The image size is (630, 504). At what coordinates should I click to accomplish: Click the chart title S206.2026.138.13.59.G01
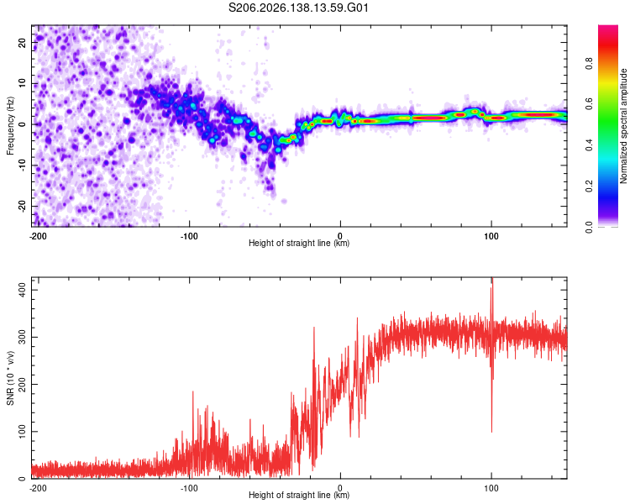tap(298, 8)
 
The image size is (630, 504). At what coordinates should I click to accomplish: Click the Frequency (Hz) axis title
tap(10, 126)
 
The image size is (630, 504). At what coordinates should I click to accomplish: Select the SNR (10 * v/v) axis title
tap(10, 378)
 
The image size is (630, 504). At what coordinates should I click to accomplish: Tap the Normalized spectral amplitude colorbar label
tap(623, 126)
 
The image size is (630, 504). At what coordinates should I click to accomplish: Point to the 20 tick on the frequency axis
tap(22, 42)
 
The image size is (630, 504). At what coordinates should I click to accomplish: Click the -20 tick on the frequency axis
tap(22, 206)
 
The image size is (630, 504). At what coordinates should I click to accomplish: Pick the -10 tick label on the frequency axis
tap(22, 165)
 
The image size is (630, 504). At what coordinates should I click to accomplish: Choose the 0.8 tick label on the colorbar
tap(589, 63)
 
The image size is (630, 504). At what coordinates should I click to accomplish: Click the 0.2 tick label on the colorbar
tap(589, 186)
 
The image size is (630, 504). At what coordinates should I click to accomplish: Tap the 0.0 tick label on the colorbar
tap(589, 227)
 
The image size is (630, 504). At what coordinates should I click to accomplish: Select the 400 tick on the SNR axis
tap(22, 290)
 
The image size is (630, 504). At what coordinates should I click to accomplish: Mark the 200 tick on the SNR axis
tap(22, 384)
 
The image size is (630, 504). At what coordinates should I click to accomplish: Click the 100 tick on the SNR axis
tap(22, 432)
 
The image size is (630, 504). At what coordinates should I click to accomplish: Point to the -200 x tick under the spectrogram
tap(38, 236)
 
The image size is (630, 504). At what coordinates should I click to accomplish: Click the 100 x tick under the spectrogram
tap(491, 236)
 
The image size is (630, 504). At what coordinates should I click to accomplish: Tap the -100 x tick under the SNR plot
tap(189, 488)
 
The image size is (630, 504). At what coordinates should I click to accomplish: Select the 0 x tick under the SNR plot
tap(340, 488)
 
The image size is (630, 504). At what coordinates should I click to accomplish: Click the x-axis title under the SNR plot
tap(299, 495)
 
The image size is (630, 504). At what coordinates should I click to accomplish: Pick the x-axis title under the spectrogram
tap(299, 243)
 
